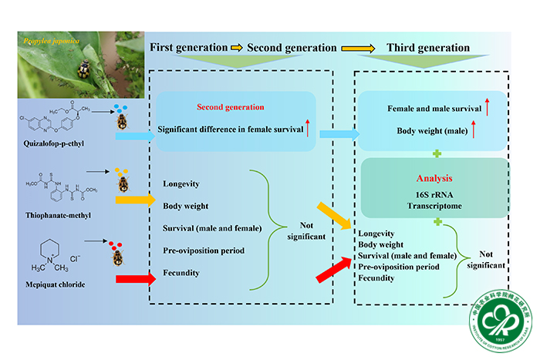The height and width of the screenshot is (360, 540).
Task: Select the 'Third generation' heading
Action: click(x=428, y=48)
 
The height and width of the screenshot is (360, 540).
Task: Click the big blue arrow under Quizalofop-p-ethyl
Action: click(x=134, y=136)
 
